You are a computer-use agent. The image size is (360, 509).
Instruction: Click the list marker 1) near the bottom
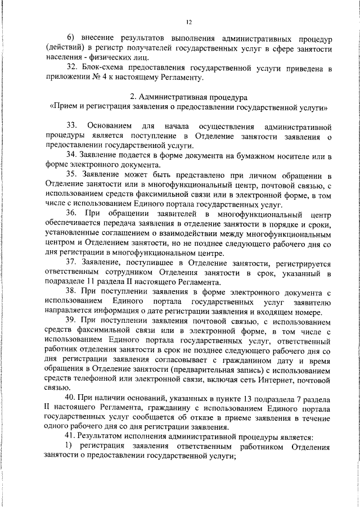(70, 446)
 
